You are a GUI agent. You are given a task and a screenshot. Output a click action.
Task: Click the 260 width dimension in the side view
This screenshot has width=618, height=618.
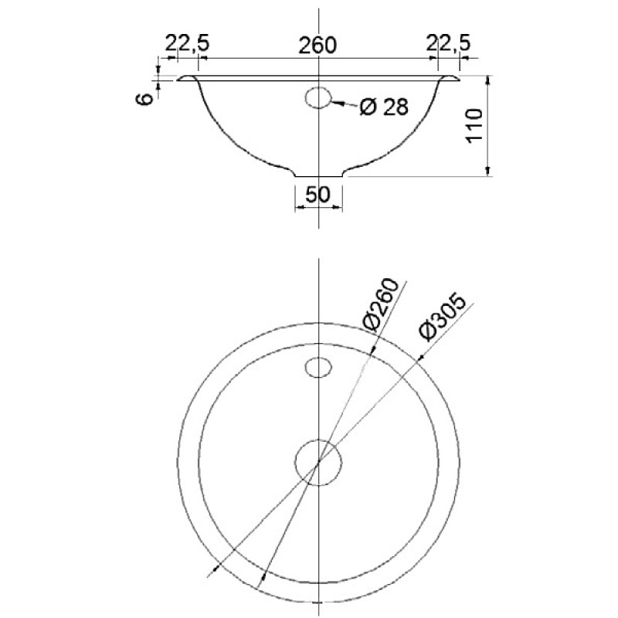317,45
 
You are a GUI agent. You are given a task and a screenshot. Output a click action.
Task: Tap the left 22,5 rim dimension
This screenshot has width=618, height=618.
187,43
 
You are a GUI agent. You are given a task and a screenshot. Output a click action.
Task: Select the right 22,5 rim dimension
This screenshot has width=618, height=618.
449,43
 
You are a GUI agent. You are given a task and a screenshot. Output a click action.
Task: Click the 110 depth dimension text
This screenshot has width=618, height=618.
474,124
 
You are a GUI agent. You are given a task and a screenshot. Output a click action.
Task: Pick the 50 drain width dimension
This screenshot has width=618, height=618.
317,194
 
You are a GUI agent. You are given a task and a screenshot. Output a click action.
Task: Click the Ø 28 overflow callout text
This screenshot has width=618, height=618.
384,107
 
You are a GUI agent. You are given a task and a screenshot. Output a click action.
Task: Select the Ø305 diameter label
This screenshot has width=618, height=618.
443,316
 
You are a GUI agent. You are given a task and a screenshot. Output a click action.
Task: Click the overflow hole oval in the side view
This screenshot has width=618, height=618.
318,98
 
